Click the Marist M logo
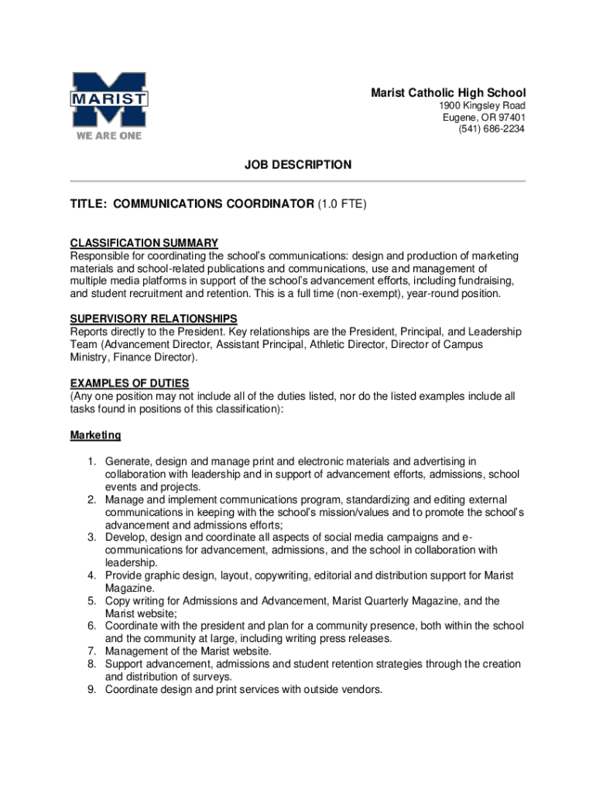[109, 100]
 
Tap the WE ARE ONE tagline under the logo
[108, 136]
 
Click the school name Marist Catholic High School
[447, 93]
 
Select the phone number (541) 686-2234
[492, 129]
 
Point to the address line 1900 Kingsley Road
[482, 105]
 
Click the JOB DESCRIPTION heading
[298, 165]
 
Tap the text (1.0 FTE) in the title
[341, 204]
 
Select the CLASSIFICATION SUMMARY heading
[144, 243]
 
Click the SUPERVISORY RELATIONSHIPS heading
[153, 319]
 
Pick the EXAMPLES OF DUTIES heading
[129, 384]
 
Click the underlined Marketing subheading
[95, 435]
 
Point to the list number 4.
[91, 575]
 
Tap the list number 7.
[91, 651]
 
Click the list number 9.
[91, 689]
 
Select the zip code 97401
[508, 118]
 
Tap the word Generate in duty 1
[128, 462]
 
